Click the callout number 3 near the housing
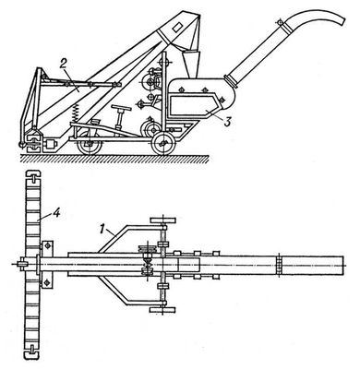click(x=226, y=122)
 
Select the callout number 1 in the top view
click(x=101, y=229)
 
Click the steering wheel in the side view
click(x=121, y=108)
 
